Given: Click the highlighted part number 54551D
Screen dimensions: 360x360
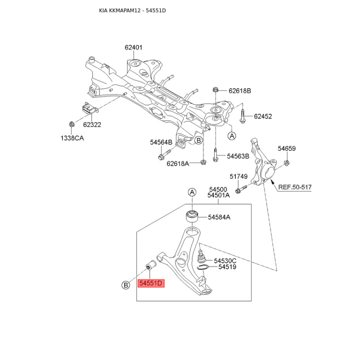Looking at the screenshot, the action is point(151,283).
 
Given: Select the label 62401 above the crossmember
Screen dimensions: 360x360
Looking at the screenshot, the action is point(134,47).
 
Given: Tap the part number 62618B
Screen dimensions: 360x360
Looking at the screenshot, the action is point(240,91).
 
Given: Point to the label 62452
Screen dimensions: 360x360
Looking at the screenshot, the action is point(263,116).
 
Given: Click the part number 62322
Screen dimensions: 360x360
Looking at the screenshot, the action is point(92,125).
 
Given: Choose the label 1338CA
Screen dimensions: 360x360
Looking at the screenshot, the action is point(72,138).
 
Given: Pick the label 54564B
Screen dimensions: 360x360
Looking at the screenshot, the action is point(161,142).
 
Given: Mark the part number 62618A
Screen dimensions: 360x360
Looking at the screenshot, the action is point(178,163).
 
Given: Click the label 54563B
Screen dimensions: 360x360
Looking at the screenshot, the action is point(238,156).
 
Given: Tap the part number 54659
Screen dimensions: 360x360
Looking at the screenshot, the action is point(287,148).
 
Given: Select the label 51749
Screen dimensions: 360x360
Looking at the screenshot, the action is point(238,176).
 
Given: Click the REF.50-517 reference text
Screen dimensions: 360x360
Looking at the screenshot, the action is point(295,187).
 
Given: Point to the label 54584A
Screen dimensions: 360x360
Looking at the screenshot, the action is point(219,217).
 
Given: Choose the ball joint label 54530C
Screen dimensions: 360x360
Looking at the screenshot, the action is point(225,261).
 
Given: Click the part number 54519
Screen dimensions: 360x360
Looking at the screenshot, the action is point(227,267).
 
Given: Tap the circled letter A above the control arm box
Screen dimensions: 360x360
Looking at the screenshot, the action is point(192,192).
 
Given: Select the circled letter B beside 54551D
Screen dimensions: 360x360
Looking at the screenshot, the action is point(126,285).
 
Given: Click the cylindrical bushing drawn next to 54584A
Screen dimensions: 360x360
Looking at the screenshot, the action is point(192,216).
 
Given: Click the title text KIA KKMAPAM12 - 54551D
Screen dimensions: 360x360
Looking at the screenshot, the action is point(132,10).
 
